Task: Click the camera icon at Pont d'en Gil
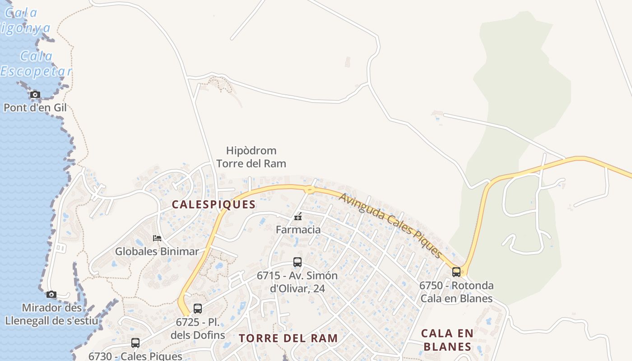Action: (x=35, y=95)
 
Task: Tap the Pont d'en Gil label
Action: (x=35, y=108)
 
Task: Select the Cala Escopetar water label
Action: (x=36, y=64)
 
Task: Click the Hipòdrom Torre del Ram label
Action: (x=251, y=157)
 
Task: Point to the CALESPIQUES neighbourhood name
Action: (x=214, y=204)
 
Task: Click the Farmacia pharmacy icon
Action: (x=298, y=217)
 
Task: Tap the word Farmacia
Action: (x=298, y=230)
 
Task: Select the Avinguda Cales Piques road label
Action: (x=390, y=225)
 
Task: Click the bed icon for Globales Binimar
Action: (x=157, y=238)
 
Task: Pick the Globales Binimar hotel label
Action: (x=157, y=251)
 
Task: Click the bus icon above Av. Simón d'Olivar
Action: (x=297, y=262)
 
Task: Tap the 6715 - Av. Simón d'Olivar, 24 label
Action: (x=297, y=282)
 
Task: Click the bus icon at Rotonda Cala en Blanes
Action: (x=456, y=272)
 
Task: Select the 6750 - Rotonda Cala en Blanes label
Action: (x=456, y=292)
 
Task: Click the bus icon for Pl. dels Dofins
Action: (x=197, y=309)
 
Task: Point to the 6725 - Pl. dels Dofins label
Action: (x=198, y=329)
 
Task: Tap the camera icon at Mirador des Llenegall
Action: (x=51, y=295)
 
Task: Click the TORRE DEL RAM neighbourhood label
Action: (x=288, y=338)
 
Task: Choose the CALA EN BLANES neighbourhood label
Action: (x=447, y=340)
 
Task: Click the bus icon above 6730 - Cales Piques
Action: (x=135, y=343)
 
